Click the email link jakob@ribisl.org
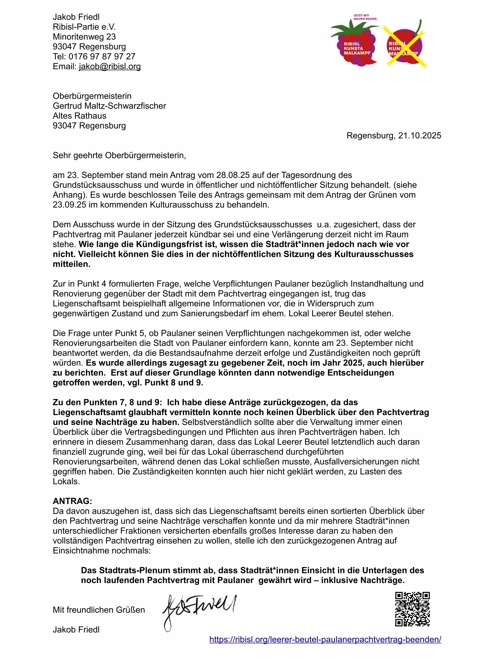pos(110,67)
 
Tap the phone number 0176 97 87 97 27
pos(102,56)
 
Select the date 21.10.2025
pos(420,136)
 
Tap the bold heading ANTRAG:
pos(72,501)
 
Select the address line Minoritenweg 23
pos(84,37)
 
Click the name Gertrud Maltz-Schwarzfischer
pos(109,106)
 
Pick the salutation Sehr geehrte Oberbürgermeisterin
pos(119,155)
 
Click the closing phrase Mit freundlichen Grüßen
pos(99,610)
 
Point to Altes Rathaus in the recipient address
pos(79,116)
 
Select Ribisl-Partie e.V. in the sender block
pos(84,27)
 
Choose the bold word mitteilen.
pos(71,264)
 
